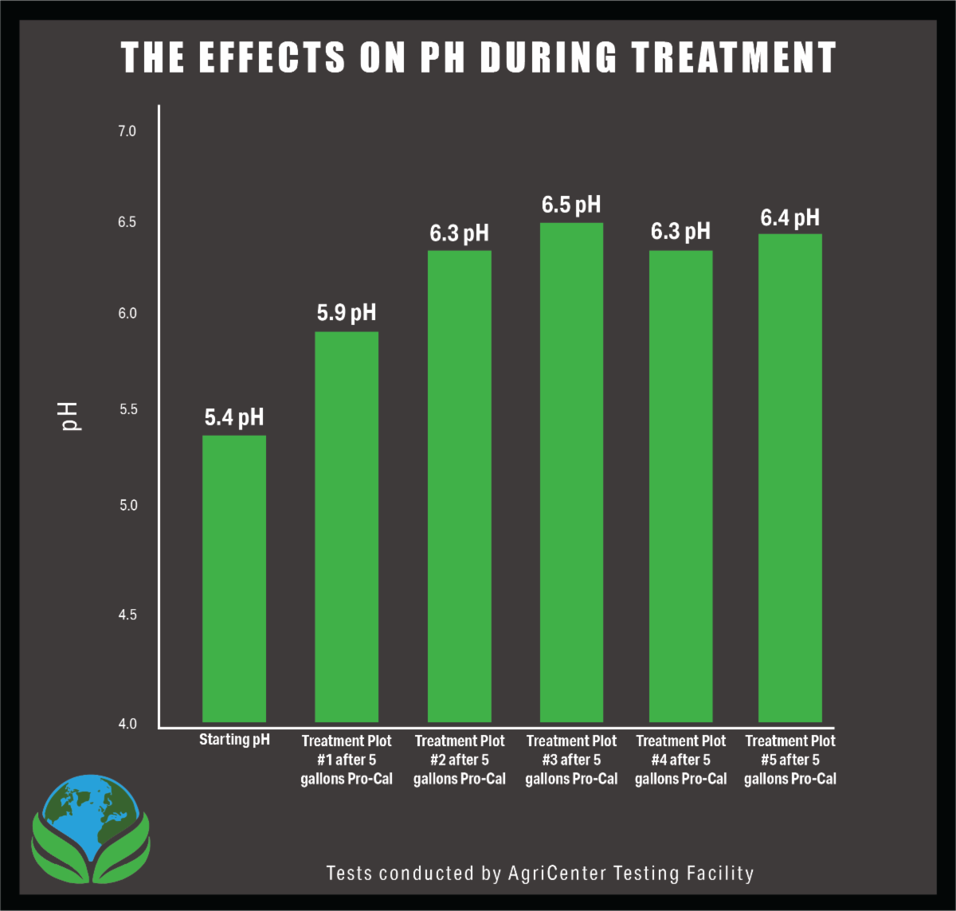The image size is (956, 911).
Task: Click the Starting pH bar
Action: [x=234, y=578]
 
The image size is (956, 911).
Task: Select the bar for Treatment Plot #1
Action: [x=347, y=526]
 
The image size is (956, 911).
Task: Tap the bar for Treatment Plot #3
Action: [x=571, y=472]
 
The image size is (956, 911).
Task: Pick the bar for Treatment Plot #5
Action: [x=789, y=478]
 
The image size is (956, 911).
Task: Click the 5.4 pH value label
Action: [x=234, y=417]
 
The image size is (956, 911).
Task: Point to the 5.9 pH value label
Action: [x=347, y=313]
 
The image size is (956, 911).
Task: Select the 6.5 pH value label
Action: [x=571, y=205]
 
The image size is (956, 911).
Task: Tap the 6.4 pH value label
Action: [x=789, y=217]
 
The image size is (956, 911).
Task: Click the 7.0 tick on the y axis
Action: [x=127, y=131]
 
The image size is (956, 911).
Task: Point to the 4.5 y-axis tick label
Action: [x=127, y=615]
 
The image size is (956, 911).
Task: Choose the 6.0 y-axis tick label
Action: [x=127, y=314]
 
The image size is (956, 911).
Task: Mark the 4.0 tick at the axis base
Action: [x=127, y=724]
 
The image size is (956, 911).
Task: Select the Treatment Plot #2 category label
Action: [x=460, y=760]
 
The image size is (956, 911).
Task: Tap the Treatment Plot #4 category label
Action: [x=681, y=760]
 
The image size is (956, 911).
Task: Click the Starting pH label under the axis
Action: [x=234, y=740]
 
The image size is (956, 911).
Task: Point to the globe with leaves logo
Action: [x=90, y=828]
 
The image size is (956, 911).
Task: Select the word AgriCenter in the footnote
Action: [x=558, y=873]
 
